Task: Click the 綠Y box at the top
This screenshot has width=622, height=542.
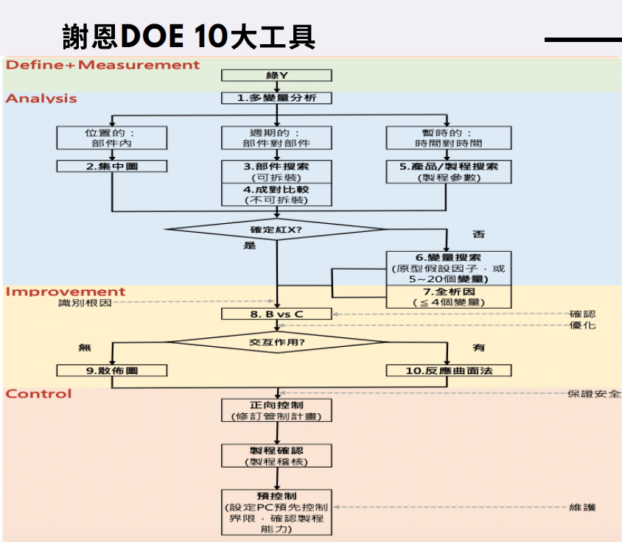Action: click(276, 75)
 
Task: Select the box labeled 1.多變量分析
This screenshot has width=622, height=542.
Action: click(276, 98)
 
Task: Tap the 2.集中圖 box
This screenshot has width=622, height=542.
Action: click(112, 166)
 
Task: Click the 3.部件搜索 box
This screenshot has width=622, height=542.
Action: click(276, 172)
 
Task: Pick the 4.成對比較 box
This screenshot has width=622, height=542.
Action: click(276, 194)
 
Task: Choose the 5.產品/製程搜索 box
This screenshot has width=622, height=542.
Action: click(449, 172)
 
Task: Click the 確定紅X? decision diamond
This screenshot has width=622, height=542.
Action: click(276, 230)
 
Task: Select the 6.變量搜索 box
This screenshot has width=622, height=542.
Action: click(449, 268)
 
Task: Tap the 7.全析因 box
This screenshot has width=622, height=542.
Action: click(449, 297)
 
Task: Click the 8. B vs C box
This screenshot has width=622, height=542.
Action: click(276, 314)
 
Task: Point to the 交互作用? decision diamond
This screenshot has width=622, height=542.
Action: click(276, 342)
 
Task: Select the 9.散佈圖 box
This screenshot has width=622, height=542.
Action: click(112, 370)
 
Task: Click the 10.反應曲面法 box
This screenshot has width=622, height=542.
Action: click(449, 370)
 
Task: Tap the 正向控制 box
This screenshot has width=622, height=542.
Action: click(276, 410)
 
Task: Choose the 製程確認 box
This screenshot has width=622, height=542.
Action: click(276, 455)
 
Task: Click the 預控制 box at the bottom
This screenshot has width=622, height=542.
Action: click(276, 513)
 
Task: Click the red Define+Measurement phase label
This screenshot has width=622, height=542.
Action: click(102, 65)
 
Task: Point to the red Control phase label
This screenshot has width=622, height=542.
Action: click(39, 393)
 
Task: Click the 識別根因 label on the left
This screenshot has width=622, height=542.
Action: click(85, 303)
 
